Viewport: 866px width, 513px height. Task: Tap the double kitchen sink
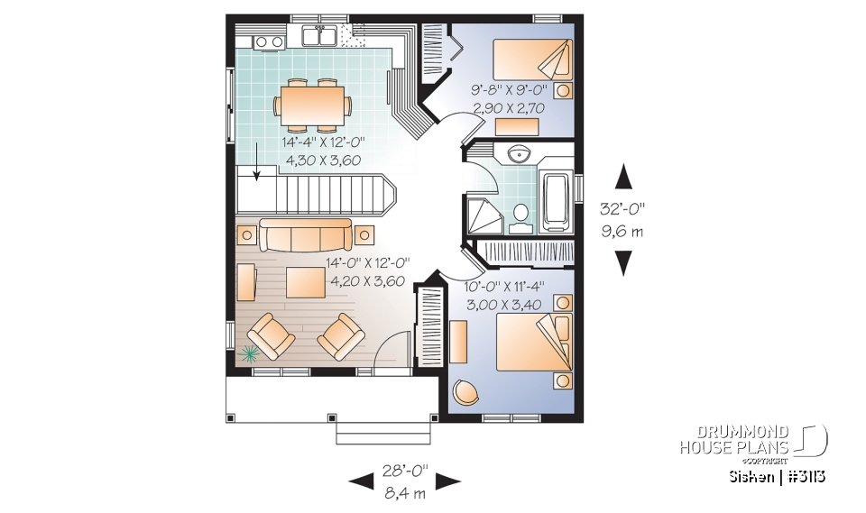tap(319, 37)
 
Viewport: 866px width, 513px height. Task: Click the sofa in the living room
tap(306, 235)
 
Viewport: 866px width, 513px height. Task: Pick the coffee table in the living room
tap(305, 283)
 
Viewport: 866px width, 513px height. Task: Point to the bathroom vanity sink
tap(521, 153)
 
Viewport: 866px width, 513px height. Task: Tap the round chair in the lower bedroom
tap(465, 392)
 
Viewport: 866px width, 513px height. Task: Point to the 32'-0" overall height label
tap(622, 208)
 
